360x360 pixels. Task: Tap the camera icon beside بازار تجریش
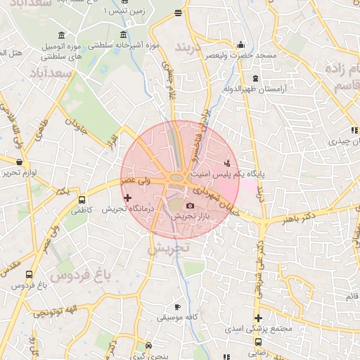(190, 206)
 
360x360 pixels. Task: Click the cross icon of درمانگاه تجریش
(127, 199)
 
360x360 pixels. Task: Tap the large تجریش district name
(169, 248)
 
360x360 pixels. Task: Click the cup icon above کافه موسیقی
(177, 307)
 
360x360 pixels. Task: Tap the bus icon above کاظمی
(83, 200)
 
